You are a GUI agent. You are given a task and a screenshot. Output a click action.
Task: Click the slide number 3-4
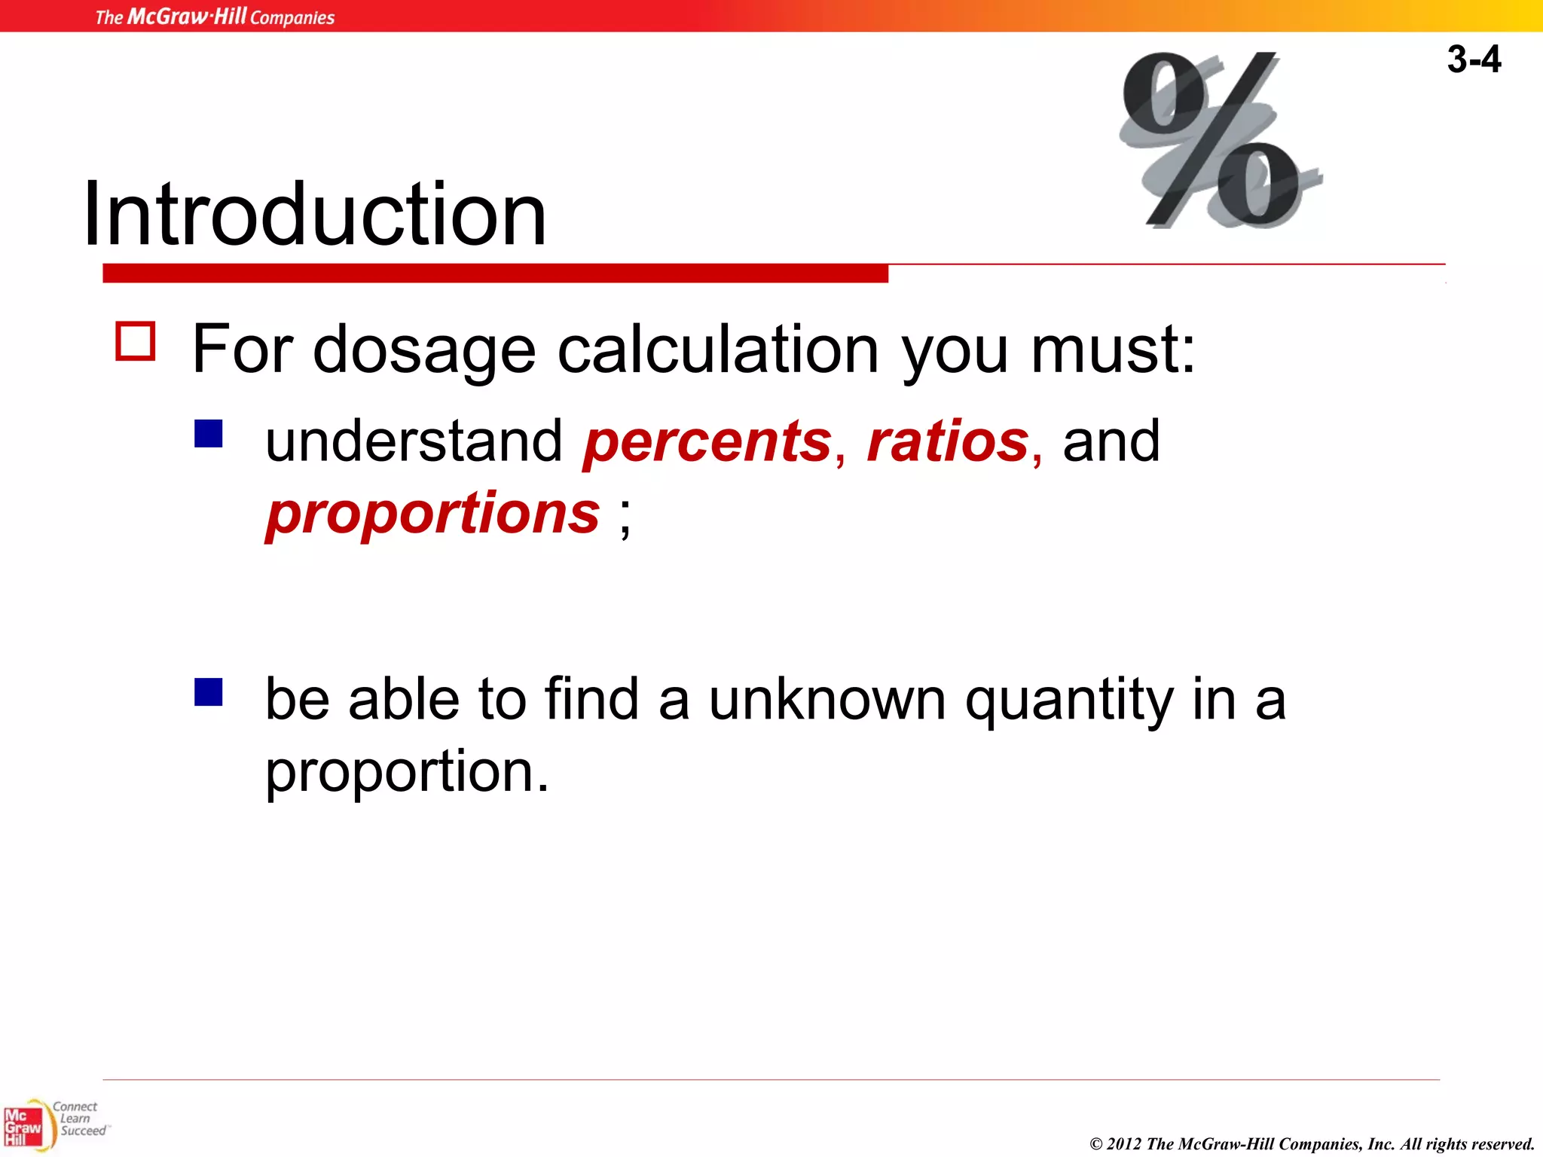tap(1473, 60)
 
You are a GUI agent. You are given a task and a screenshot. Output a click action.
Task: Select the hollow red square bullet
tap(136, 341)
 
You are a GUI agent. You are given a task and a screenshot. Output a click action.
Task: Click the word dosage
tap(424, 350)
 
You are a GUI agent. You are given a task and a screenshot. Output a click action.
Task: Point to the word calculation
tap(717, 350)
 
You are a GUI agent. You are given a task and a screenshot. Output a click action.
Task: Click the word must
tap(1112, 350)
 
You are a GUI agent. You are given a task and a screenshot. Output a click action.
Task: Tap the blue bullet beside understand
tap(209, 434)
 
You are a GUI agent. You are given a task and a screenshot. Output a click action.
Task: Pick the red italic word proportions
tap(432, 514)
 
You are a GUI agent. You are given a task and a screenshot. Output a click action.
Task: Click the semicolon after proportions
tap(625, 518)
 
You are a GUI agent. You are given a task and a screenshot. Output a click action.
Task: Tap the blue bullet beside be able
tap(209, 692)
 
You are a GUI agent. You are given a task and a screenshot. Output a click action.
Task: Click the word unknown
tap(826, 700)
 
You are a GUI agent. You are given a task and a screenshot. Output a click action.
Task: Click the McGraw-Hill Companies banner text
tap(215, 17)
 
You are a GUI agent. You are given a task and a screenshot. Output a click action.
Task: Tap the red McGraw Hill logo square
tap(23, 1127)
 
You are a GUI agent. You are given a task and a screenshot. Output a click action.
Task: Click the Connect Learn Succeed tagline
tap(79, 1119)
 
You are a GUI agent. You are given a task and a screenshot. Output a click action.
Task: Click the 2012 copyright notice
tap(1311, 1143)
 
